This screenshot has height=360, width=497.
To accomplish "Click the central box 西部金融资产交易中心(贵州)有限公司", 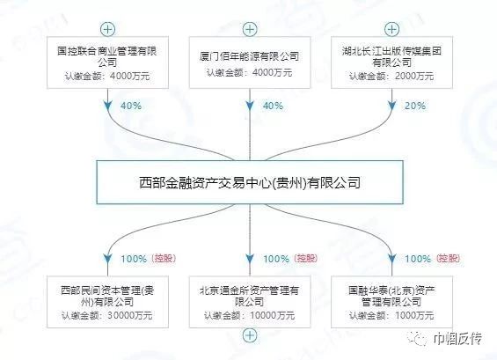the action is (x=250, y=182).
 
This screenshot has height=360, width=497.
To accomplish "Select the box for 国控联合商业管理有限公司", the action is (x=108, y=62).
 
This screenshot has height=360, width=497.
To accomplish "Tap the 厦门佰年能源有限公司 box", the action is (x=250, y=62).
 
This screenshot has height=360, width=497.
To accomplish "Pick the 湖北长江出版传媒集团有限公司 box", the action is (x=391, y=62).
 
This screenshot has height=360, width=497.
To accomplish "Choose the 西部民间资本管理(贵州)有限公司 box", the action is (x=108, y=302).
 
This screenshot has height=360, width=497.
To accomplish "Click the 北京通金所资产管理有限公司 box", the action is (x=250, y=302).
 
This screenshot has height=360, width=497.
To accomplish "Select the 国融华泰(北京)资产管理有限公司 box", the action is (x=391, y=302).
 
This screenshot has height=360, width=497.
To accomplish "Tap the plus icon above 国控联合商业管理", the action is (x=108, y=30).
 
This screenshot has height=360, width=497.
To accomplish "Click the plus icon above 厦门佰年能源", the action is (x=250, y=30).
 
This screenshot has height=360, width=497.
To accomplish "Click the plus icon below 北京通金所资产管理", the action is (x=250, y=335).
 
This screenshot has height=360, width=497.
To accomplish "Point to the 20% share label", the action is (x=415, y=106).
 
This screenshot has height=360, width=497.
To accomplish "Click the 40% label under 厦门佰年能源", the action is (x=273, y=106).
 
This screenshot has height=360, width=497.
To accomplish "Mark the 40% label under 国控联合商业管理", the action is (x=131, y=106).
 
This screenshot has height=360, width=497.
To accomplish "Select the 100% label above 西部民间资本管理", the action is (x=134, y=259).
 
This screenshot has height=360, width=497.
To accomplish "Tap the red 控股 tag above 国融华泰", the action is (x=449, y=259).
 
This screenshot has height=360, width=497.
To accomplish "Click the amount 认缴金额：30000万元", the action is (x=107, y=315).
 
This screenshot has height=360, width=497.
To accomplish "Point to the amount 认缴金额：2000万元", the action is (x=391, y=76).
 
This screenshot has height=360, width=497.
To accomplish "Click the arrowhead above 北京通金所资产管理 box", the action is (x=250, y=258).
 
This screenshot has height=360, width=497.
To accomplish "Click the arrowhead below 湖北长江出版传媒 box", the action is (x=391, y=106).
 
